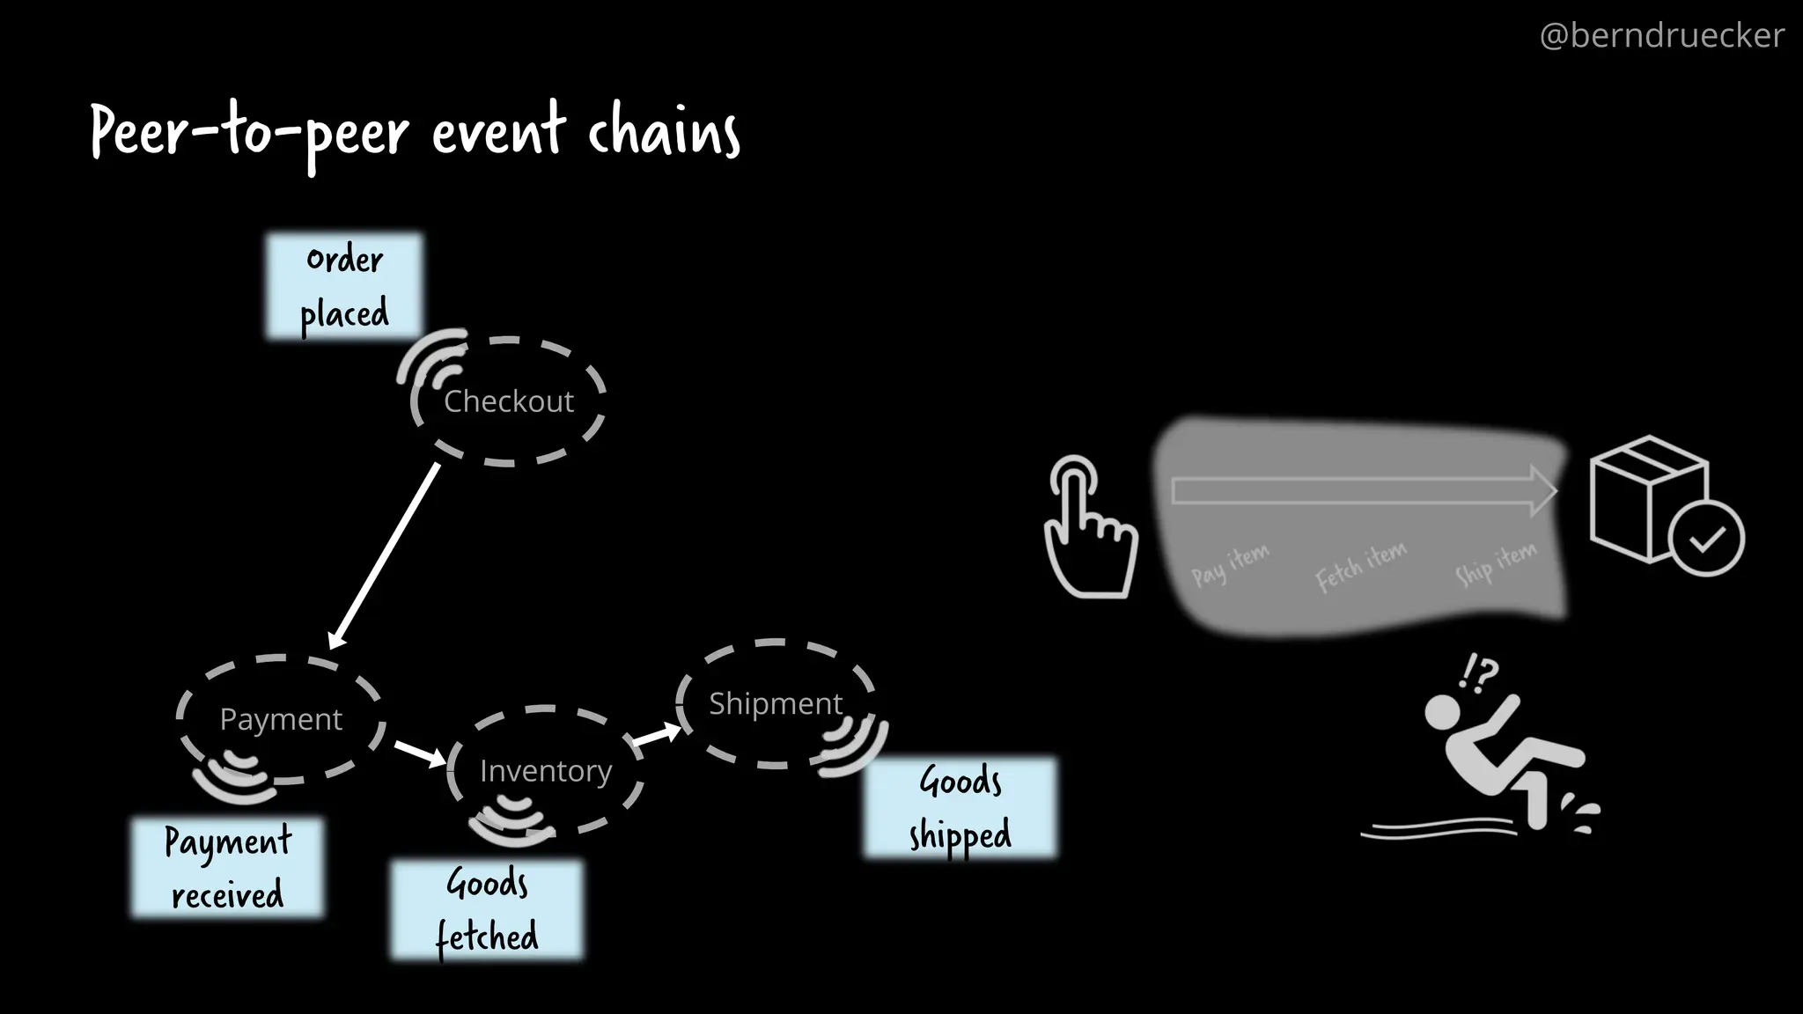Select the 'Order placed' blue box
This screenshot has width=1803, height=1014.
pos(344,286)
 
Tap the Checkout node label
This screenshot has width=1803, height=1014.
pos(508,401)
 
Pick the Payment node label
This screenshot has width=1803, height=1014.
pos(281,719)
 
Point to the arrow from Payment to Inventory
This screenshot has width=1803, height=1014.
pos(420,753)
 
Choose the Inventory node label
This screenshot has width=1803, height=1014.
pos(545,771)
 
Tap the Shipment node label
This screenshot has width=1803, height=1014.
pos(775,703)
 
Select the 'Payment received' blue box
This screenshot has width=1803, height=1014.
pos(227,868)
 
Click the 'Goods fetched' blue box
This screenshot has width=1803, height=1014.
pos(487,909)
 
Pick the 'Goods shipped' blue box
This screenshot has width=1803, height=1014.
pos(960,807)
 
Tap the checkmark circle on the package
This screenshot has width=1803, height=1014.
pos(1706,539)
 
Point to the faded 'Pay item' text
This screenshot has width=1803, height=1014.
pos(1230,564)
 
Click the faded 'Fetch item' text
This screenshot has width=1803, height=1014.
pos(1360,565)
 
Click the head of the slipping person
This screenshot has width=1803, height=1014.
pos(1442,711)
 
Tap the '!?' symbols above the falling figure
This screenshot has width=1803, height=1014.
pos(1477,673)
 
